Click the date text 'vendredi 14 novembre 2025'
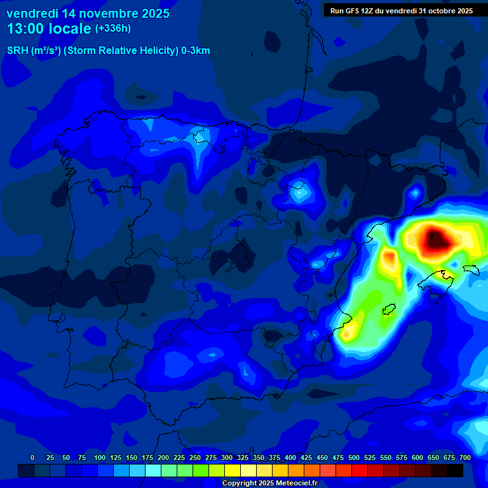(x=88, y=13)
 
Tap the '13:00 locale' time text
(x=48, y=29)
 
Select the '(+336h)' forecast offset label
(x=113, y=29)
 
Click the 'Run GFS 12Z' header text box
(x=401, y=10)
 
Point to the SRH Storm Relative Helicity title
(x=108, y=51)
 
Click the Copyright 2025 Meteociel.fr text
(x=269, y=483)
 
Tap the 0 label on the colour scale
(x=32, y=457)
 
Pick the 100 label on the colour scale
(x=100, y=457)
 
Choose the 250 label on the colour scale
(x=195, y=457)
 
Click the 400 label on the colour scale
(x=290, y=457)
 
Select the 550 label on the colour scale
(x=386, y=457)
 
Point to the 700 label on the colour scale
(x=465, y=457)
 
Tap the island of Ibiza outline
(x=388, y=309)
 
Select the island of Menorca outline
(x=470, y=269)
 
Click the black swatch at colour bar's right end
(x=455, y=470)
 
